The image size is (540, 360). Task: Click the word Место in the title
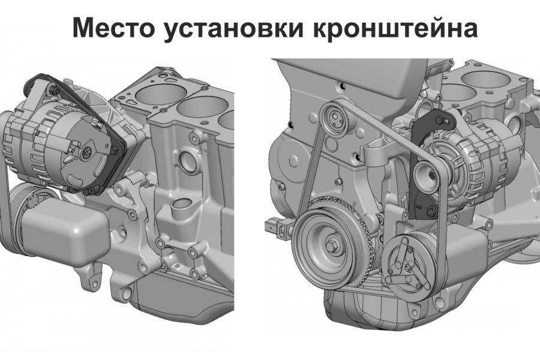click(x=113, y=27)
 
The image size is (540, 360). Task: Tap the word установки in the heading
click(x=234, y=29)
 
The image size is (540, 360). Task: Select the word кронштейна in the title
click(x=395, y=29)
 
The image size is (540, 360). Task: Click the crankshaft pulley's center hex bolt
click(x=333, y=245)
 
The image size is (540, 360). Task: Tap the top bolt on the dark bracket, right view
click(x=439, y=119)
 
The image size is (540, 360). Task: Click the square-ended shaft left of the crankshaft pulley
click(x=278, y=227)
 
